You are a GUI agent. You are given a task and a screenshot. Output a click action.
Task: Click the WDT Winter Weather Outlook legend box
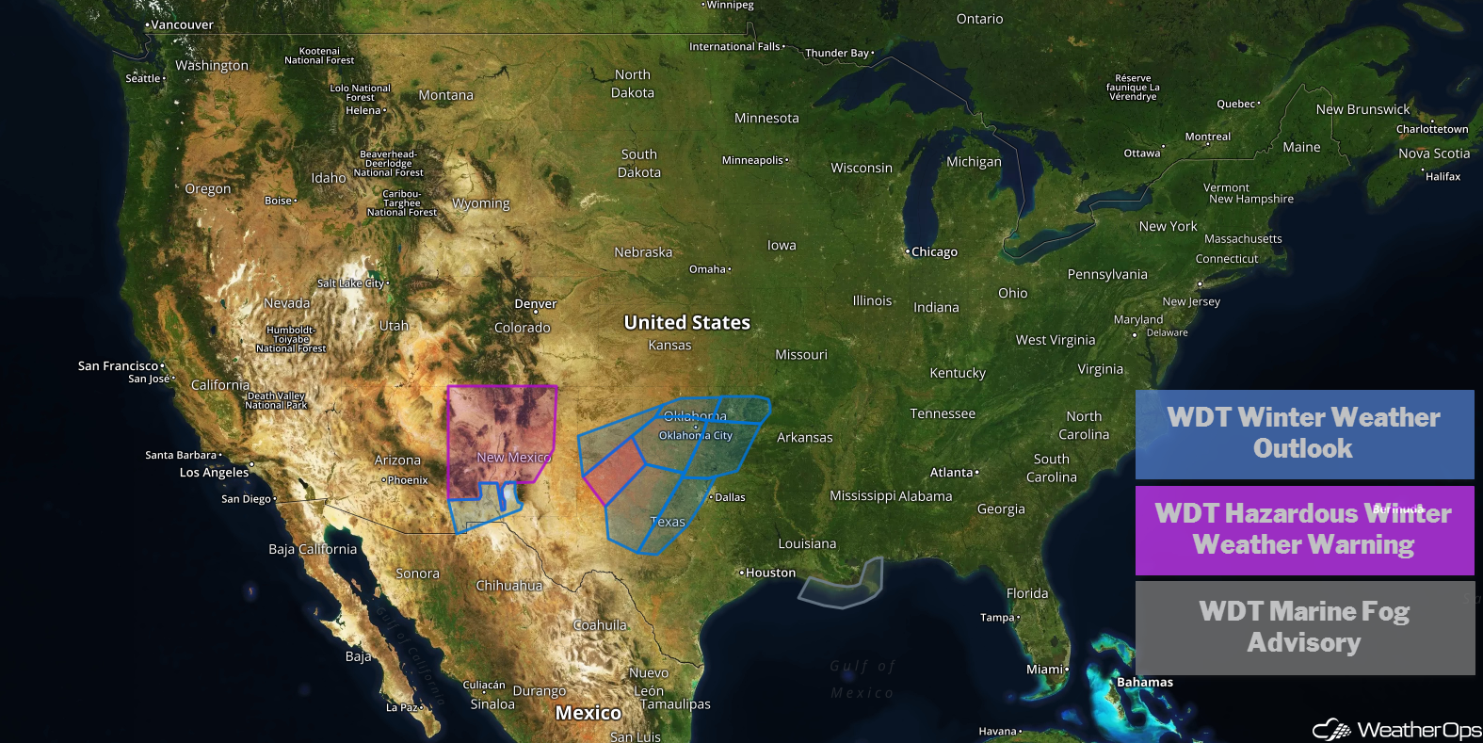(x=1304, y=434)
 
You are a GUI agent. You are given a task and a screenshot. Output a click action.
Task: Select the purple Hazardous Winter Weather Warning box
(x=1304, y=530)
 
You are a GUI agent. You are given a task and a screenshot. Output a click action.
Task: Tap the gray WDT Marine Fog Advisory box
(x=1304, y=628)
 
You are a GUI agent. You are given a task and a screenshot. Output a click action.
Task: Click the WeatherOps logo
(x=1397, y=730)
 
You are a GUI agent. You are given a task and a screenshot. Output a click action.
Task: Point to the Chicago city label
(x=933, y=252)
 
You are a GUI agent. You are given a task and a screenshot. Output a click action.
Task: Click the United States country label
(x=686, y=323)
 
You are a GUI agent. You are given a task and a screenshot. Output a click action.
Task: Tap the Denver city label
(x=535, y=304)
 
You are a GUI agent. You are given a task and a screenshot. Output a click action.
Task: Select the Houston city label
(x=769, y=573)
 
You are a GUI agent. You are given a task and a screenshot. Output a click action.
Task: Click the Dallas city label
(x=729, y=497)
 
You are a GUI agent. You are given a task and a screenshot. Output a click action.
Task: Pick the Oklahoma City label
(x=695, y=435)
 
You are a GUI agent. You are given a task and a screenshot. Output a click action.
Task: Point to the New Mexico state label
(x=513, y=458)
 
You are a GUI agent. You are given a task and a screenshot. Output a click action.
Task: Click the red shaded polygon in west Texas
(x=614, y=471)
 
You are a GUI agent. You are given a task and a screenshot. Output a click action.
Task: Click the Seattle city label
(x=143, y=78)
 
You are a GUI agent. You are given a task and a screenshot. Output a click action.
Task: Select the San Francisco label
(x=118, y=366)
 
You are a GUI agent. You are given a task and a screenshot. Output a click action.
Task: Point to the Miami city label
(x=1045, y=670)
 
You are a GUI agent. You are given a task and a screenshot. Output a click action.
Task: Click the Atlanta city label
(x=952, y=473)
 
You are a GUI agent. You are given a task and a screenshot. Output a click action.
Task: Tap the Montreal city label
(x=1207, y=137)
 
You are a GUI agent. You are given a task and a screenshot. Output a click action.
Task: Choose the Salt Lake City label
(x=350, y=283)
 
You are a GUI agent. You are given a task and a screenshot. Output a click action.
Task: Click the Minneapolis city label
(x=752, y=160)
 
